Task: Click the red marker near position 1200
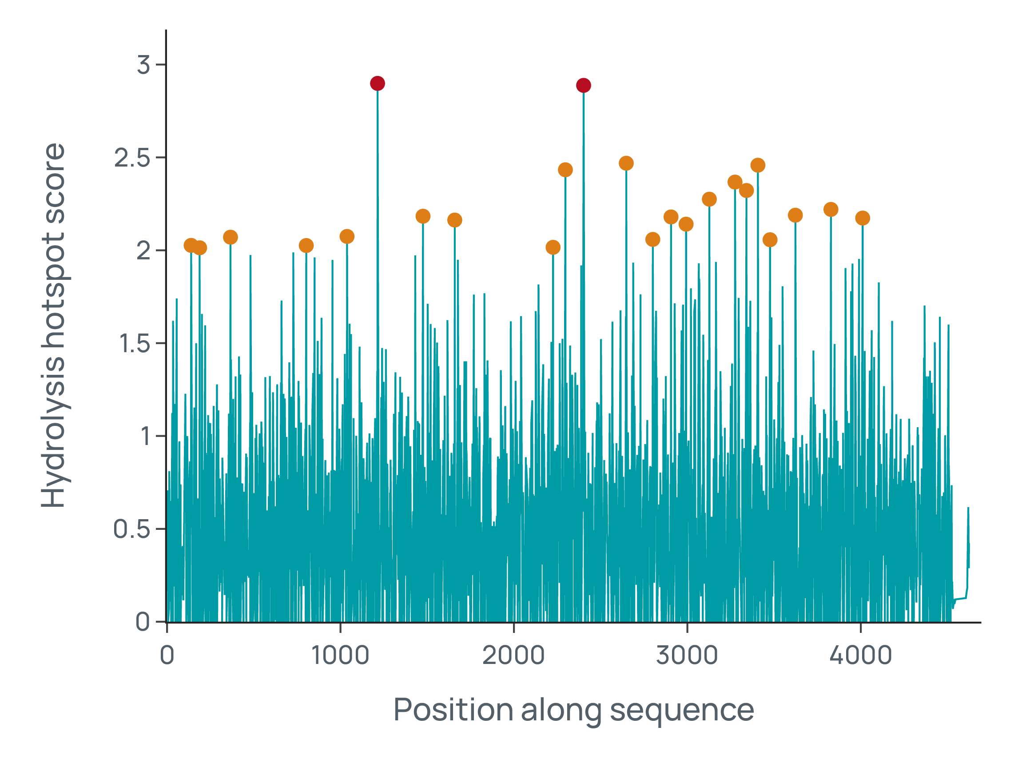[377, 83]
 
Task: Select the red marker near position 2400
[584, 85]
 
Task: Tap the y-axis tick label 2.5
[132, 158]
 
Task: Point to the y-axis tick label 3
[143, 65]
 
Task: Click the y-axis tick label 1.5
[134, 343]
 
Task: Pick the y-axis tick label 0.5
[131, 529]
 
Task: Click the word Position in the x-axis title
[453, 710]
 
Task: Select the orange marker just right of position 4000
[862, 218]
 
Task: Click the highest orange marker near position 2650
[626, 163]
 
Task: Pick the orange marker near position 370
[230, 238]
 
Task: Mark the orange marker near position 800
[306, 246]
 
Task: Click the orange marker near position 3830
[831, 210]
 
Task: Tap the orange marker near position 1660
[454, 221]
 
